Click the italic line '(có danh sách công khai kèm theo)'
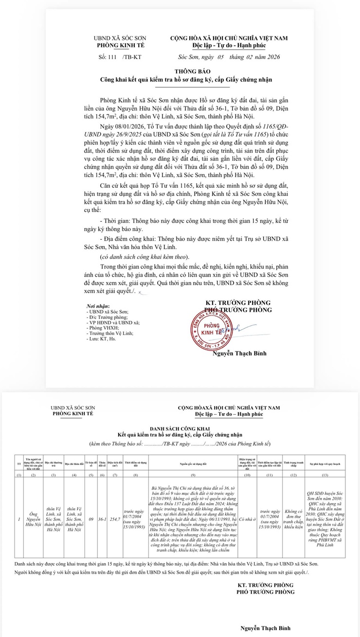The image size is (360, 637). click(x=143, y=256)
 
